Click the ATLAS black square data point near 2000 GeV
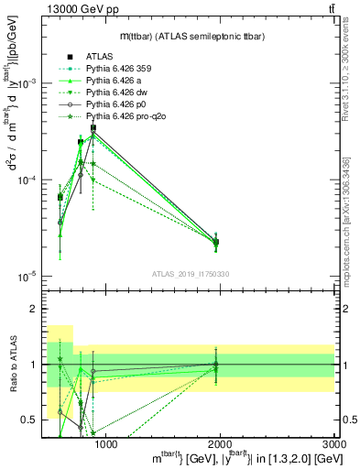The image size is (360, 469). pos(216,242)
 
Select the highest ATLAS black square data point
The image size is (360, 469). pos(93,128)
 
